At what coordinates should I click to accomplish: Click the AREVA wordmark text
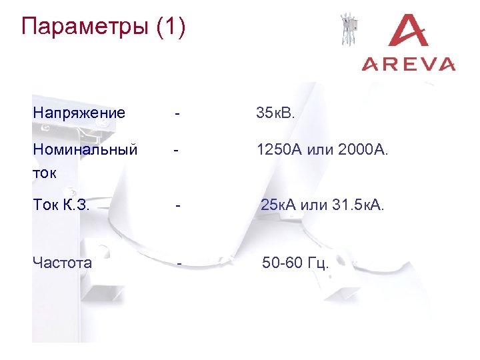409,64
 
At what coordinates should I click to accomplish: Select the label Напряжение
79,113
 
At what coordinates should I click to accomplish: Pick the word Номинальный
85,149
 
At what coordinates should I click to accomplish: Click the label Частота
62,263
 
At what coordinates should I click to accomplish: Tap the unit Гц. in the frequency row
317,263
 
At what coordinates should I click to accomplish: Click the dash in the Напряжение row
176,113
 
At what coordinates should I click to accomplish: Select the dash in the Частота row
179,263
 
